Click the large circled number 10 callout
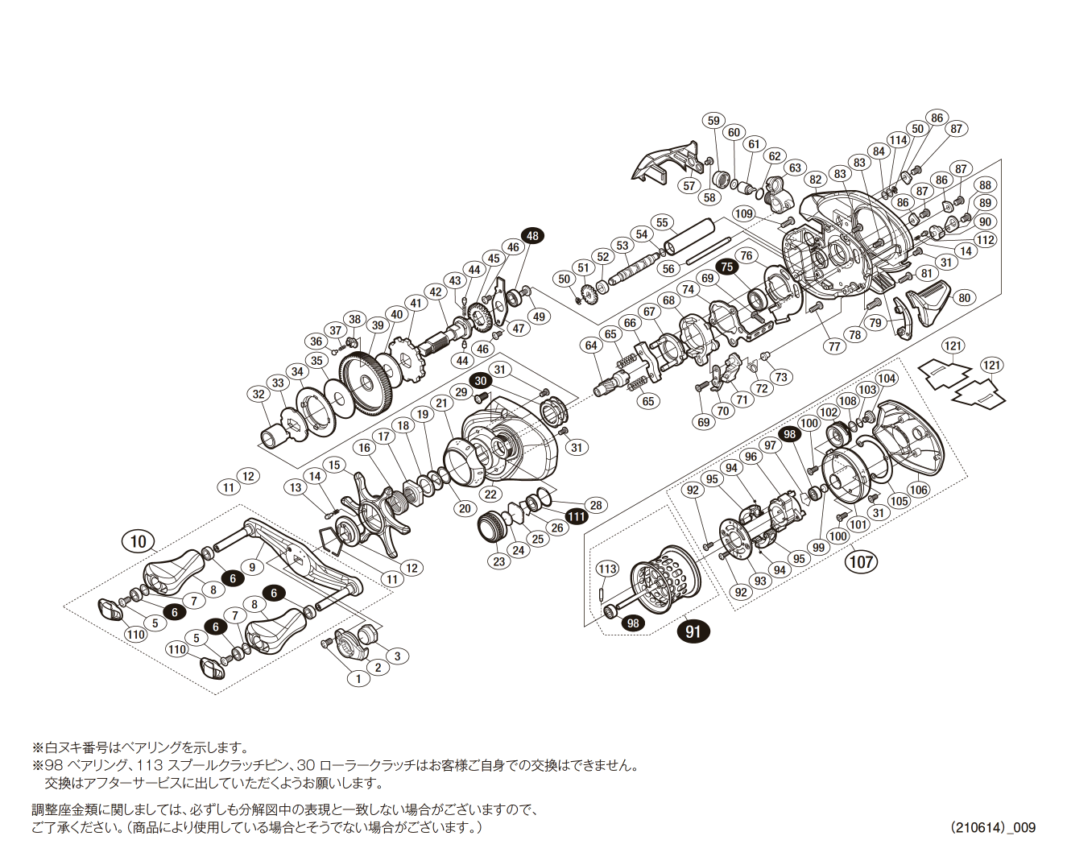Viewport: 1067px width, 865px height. (139, 540)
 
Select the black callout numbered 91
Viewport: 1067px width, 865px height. (693, 631)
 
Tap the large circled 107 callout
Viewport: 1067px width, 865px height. (861, 561)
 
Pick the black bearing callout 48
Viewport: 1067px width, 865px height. (532, 235)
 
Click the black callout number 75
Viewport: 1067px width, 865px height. (727, 267)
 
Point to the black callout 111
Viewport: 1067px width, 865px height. (577, 516)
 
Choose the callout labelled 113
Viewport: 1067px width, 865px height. (607, 569)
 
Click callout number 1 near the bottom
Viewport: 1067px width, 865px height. (358, 678)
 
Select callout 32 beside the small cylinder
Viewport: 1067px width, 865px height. (258, 394)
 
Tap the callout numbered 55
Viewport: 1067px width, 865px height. (662, 222)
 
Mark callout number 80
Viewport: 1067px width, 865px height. (965, 297)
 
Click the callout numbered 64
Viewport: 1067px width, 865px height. (592, 346)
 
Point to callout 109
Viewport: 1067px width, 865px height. (743, 213)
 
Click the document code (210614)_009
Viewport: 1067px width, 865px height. (992, 827)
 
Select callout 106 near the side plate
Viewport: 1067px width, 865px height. (918, 489)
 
